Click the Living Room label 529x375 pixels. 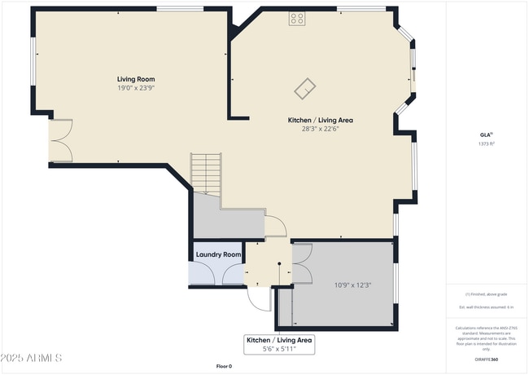(x=135, y=79)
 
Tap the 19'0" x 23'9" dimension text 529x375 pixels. (x=135, y=88)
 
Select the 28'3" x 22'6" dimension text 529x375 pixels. (x=320, y=128)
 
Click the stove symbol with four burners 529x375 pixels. (x=296, y=18)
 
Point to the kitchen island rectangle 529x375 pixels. (x=306, y=86)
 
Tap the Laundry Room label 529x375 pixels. (x=219, y=255)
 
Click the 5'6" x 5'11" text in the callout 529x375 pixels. (x=279, y=349)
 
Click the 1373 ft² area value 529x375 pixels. (x=487, y=143)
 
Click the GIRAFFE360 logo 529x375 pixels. (x=487, y=358)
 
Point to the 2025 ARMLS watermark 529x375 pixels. (x=33, y=358)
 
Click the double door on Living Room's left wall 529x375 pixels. (x=59, y=140)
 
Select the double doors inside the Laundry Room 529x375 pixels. (x=216, y=275)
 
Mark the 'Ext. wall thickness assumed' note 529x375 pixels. (x=487, y=306)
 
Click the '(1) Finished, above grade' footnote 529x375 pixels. (x=487, y=293)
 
